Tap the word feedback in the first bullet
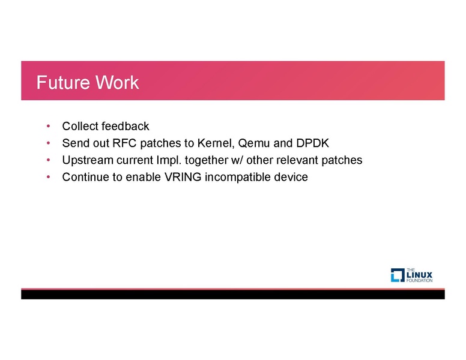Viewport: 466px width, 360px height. pyautogui.click(x=125, y=127)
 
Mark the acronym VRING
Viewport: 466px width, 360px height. pyautogui.click(x=183, y=178)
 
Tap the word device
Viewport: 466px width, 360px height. pyautogui.click(x=292, y=178)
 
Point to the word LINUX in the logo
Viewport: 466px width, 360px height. pyautogui.click(x=420, y=275)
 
